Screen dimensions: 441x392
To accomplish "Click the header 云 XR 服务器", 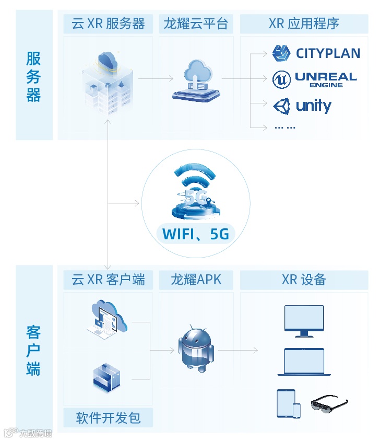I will [108, 24].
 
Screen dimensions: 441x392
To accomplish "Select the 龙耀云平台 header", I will [195, 24].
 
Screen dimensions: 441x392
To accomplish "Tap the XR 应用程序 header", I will [304, 24].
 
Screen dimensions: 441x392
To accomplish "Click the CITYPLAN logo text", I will [328, 53].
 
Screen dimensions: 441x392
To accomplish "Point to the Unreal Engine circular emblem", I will [282, 79].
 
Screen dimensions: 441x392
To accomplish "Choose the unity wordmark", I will [314, 106].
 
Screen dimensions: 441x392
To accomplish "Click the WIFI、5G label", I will [196, 234].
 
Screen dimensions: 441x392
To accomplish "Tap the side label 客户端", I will [34, 351].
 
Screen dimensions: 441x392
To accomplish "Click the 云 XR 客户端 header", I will [108, 280].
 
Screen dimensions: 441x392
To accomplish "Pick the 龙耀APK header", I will [196, 280].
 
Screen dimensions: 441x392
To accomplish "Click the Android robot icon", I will [195, 349].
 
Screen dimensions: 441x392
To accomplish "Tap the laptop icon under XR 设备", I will [304, 362].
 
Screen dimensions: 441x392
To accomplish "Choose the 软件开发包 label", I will [108, 418].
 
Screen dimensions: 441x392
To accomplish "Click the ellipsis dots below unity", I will [285, 127].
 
